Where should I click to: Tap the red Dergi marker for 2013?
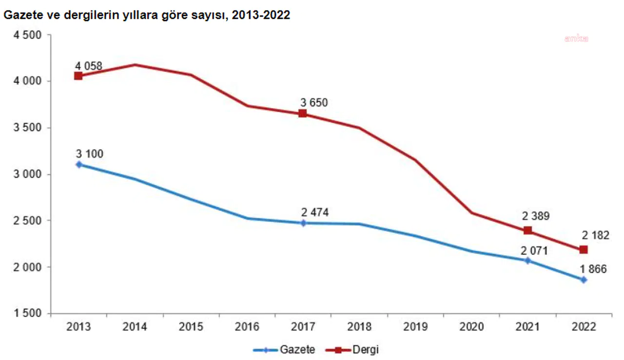(x=78, y=76)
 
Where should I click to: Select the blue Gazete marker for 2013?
(x=78, y=164)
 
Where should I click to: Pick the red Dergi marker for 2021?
(x=528, y=230)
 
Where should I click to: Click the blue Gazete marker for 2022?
(x=584, y=280)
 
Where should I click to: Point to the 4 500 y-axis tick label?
(x=28, y=35)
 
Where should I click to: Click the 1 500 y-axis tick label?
(x=28, y=314)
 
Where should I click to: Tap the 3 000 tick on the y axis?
(x=28, y=174)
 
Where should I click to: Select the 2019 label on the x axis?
(x=415, y=327)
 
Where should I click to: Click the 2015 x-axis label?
(x=191, y=327)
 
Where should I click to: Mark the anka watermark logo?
(x=576, y=38)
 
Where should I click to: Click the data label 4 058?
(x=89, y=65)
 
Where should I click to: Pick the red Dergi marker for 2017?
(x=303, y=114)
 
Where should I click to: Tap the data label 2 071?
(x=535, y=251)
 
